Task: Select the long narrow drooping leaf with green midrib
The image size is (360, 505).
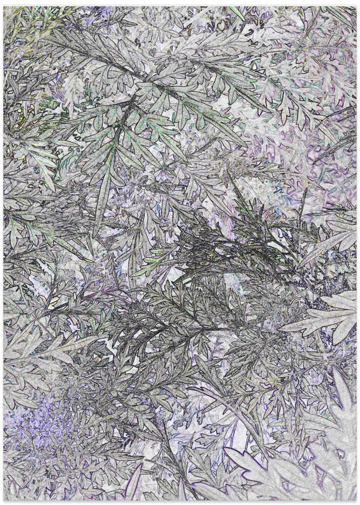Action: [104, 187]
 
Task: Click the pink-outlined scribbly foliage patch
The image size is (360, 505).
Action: [303, 146]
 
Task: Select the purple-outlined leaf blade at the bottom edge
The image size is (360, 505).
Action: [134, 485]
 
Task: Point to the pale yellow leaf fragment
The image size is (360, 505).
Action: [53, 303]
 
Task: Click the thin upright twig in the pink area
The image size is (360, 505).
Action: [303, 202]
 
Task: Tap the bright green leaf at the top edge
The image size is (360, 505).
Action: [237, 13]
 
